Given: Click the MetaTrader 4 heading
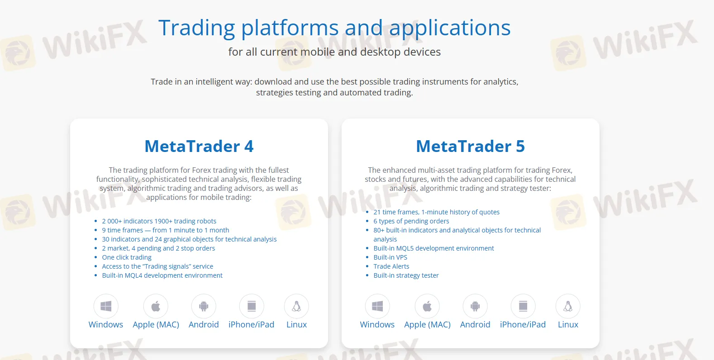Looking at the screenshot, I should (199, 147).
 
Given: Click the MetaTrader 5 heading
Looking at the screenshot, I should (470, 147).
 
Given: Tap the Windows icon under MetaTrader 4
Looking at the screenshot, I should (106, 306).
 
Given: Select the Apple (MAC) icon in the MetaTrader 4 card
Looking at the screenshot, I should (156, 306).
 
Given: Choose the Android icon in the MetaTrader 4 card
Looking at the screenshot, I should (204, 306).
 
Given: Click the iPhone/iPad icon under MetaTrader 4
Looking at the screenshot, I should (252, 306).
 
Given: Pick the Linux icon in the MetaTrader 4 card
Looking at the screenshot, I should (296, 306).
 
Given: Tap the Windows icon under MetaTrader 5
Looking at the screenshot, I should (377, 306).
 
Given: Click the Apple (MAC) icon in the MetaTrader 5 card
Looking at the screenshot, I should (427, 306).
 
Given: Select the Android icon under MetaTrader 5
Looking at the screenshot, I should (475, 306).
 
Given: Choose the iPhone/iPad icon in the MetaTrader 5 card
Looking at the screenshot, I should (523, 306).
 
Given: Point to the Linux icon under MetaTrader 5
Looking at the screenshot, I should (568, 306).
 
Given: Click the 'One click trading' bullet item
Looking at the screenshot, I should (127, 257).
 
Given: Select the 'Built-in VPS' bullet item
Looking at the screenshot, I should (390, 257).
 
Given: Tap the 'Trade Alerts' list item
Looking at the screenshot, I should (391, 266).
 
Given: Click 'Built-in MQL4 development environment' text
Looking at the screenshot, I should (162, 275).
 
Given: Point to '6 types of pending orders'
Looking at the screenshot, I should (411, 221).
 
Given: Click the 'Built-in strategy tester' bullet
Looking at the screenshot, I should (406, 275).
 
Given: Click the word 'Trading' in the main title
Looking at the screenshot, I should (196, 28).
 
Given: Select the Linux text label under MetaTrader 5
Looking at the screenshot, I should (568, 325).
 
